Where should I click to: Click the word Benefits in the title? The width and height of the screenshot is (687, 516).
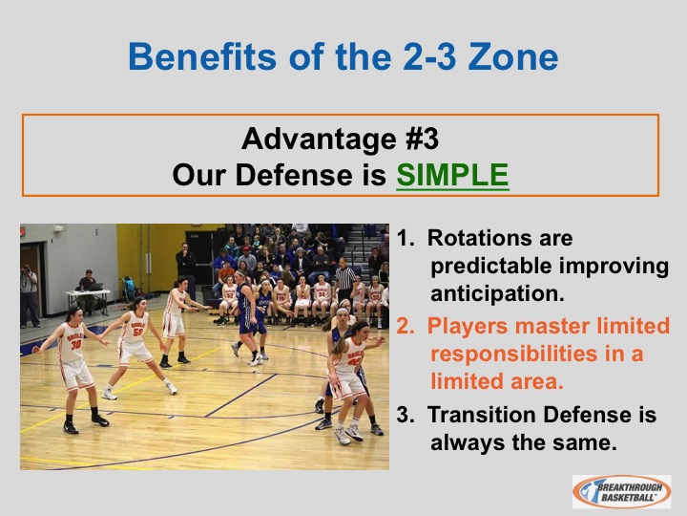click(x=202, y=56)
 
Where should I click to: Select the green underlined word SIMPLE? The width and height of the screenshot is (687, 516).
click(x=452, y=175)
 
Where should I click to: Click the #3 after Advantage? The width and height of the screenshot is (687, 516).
click(x=423, y=139)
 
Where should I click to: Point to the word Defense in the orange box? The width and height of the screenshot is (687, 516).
click(x=295, y=175)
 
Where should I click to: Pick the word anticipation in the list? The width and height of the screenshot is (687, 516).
click(x=498, y=293)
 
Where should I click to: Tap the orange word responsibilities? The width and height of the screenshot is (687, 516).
click(x=514, y=355)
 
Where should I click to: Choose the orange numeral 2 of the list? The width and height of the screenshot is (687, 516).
click(x=403, y=326)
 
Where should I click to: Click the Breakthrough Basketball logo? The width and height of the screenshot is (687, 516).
click(x=622, y=491)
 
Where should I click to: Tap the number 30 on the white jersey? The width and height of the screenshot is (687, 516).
click(x=75, y=344)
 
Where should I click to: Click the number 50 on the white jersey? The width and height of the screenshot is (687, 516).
click(x=137, y=333)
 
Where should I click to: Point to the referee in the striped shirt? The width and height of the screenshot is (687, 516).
click(x=345, y=280)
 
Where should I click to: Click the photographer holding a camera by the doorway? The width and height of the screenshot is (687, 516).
click(x=30, y=295)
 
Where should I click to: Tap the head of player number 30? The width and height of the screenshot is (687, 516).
click(x=73, y=315)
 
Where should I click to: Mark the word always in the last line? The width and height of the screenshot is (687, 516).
click(x=468, y=442)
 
